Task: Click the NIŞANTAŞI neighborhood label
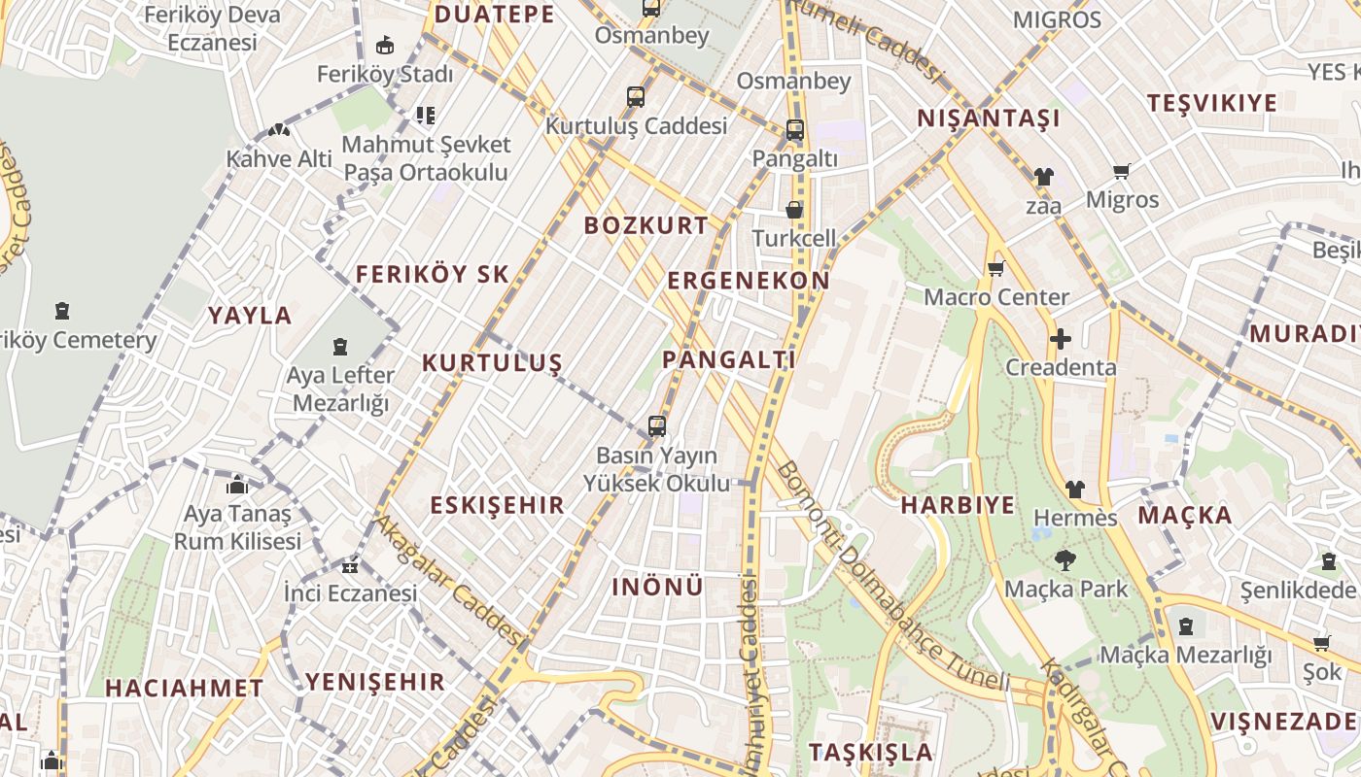click(x=989, y=118)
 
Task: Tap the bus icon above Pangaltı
click(x=794, y=129)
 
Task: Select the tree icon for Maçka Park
click(x=1065, y=559)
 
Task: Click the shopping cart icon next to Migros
click(x=1121, y=172)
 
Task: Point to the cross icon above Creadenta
click(x=1061, y=339)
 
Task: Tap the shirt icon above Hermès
click(x=1074, y=489)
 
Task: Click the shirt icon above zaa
click(x=1043, y=177)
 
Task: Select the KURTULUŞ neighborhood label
click(x=492, y=363)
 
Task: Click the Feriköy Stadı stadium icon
click(x=385, y=45)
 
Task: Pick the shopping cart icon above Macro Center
click(x=995, y=269)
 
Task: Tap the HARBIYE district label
click(x=957, y=505)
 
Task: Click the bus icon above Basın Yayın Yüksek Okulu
click(x=657, y=425)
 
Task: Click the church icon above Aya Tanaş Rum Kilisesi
click(x=237, y=485)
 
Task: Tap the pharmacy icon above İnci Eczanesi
click(x=350, y=565)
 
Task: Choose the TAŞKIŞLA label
click(x=870, y=752)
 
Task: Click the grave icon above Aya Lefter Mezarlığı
click(x=340, y=347)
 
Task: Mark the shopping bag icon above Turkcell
click(x=794, y=210)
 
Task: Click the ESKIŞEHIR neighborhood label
click(x=497, y=505)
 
